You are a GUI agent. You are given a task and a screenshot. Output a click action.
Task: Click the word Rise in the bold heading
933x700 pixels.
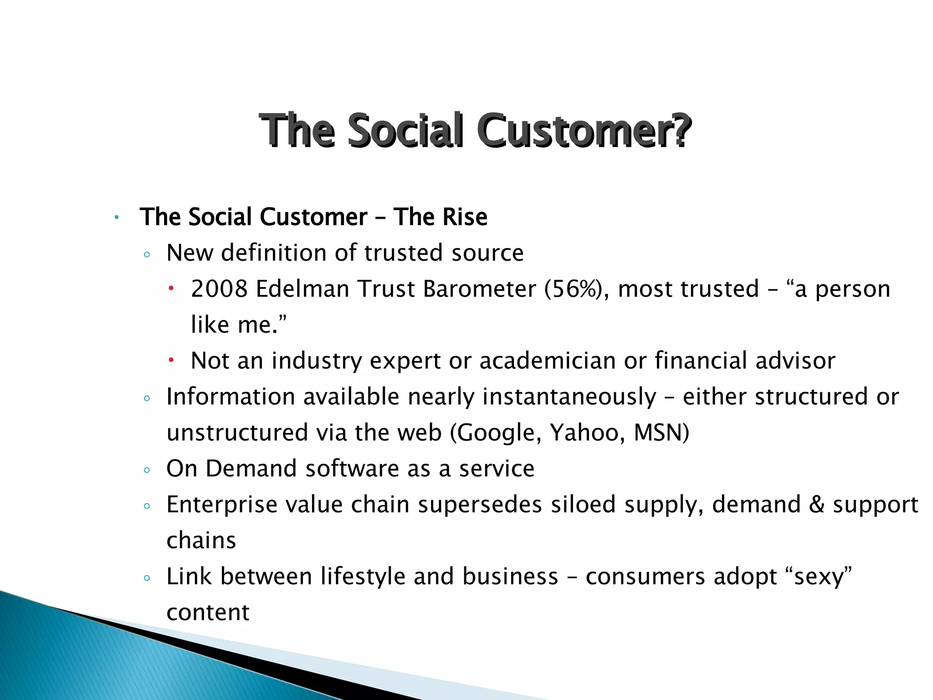tap(464, 217)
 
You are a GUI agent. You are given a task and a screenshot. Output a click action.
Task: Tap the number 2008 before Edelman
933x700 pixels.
tap(219, 289)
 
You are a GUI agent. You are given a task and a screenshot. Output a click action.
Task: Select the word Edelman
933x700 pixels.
tap(302, 289)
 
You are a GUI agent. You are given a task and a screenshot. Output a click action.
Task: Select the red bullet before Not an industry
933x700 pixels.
tap(171, 360)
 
